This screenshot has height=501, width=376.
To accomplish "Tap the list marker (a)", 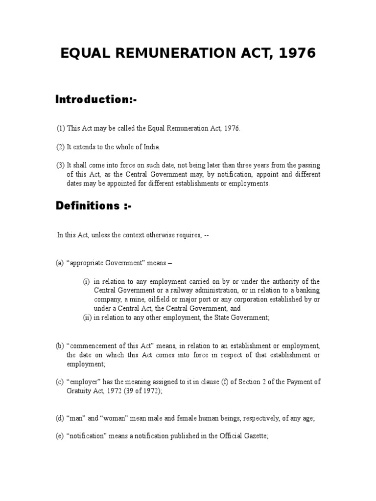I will point(60,263).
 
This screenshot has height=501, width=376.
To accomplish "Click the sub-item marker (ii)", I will point(87,318).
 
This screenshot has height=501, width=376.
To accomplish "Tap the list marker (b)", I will point(60,346).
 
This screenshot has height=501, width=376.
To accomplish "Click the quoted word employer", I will point(82,382).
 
